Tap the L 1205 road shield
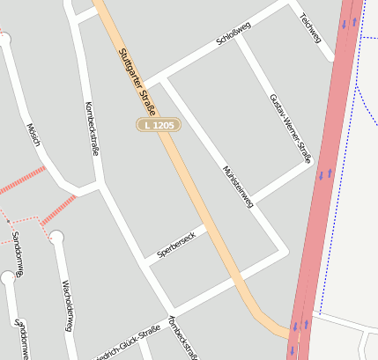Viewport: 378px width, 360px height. (x=159, y=126)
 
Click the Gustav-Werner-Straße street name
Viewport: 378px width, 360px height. (x=290, y=129)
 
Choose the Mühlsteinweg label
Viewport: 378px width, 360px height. (x=238, y=185)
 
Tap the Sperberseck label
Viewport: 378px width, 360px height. (x=181, y=242)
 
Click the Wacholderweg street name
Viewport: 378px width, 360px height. (x=66, y=305)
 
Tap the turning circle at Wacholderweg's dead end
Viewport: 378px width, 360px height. (x=56, y=236)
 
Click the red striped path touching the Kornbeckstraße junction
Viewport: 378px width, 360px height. (x=58, y=207)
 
